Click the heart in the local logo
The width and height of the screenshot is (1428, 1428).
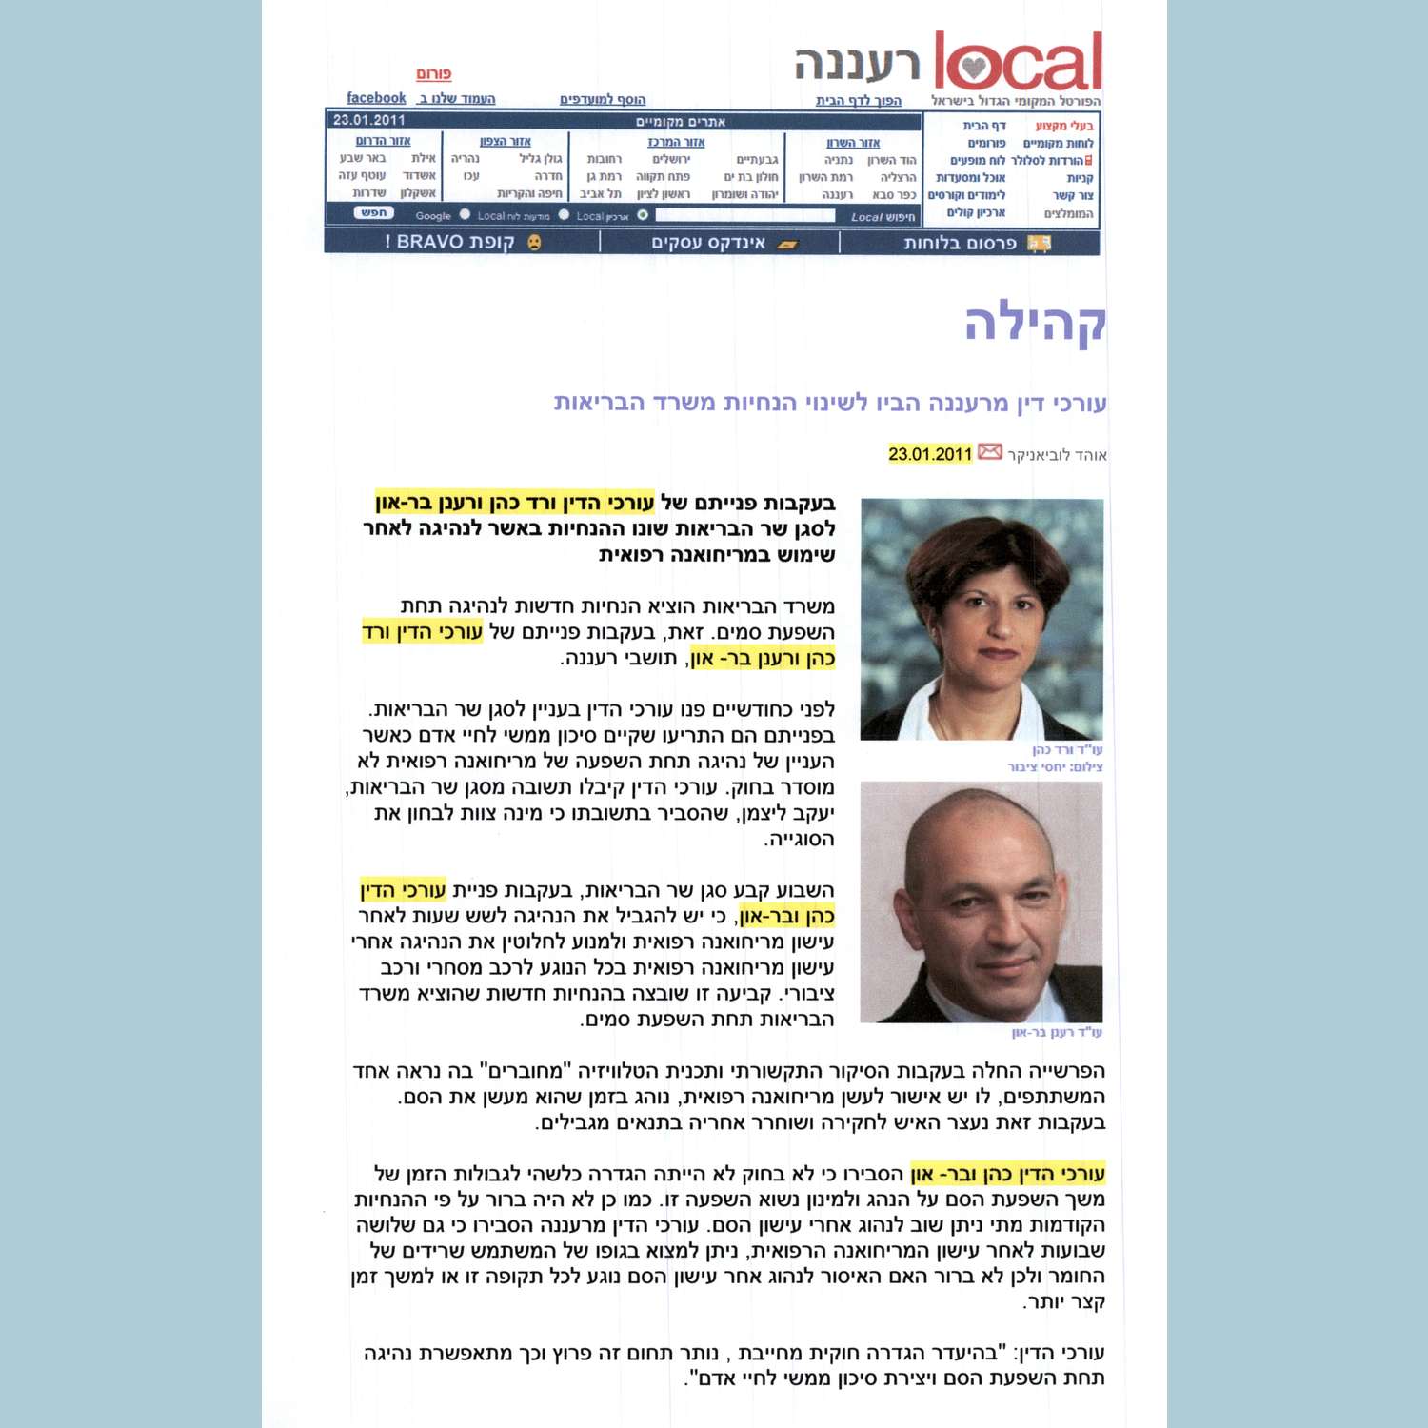point(972,68)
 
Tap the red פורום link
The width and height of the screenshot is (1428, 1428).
point(433,74)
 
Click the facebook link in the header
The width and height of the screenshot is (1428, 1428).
point(376,98)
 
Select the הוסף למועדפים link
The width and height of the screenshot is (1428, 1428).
point(603,99)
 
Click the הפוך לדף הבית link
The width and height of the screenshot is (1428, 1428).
point(858,100)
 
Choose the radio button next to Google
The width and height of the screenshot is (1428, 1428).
point(465,215)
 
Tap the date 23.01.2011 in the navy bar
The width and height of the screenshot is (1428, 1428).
point(369,120)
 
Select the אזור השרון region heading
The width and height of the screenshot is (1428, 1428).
point(853,143)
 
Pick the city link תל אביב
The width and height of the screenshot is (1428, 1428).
point(600,194)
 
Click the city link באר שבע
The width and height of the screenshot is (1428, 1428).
point(363,158)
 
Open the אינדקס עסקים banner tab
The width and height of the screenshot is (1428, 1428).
point(708,243)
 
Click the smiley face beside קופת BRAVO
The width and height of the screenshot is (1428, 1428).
point(534,243)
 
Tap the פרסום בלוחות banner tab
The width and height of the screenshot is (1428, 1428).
point(960,243)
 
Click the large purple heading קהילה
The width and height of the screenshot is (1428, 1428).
point(1035,323)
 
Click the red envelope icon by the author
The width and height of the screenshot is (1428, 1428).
point(990,452)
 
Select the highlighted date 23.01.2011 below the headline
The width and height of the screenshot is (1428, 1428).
point(930,454)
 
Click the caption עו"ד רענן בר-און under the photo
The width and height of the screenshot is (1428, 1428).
point(1057,1032)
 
